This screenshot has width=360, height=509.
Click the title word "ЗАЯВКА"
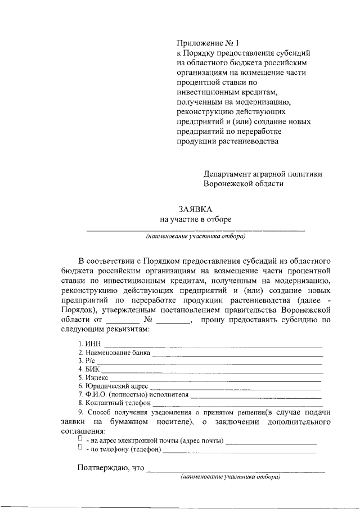(x=195, y=209)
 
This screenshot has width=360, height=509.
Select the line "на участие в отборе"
(x=195, y=219)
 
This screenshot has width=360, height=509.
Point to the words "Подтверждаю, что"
(x=110, y=467)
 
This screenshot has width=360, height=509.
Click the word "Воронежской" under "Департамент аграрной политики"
(x=228, y=183)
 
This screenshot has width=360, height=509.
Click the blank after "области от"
(x=118, y=320)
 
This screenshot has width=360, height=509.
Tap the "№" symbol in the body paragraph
(x=149, y=320)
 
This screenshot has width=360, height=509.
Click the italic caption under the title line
(x=195, y=237)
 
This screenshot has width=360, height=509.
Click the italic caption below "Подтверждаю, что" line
(x=231, y=477)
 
